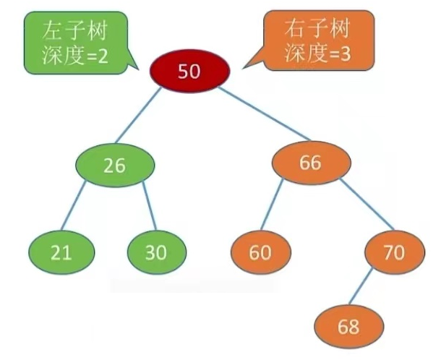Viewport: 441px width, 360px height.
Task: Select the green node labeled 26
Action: click(114, 165)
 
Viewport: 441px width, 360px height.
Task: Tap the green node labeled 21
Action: click(61, 252)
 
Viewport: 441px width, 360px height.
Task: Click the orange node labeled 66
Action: click(309, 163)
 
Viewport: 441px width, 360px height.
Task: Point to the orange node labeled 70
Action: click(395, 252)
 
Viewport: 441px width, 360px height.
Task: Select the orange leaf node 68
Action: click(348, 326)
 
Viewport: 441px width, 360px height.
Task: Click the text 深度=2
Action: click(75, 56)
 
